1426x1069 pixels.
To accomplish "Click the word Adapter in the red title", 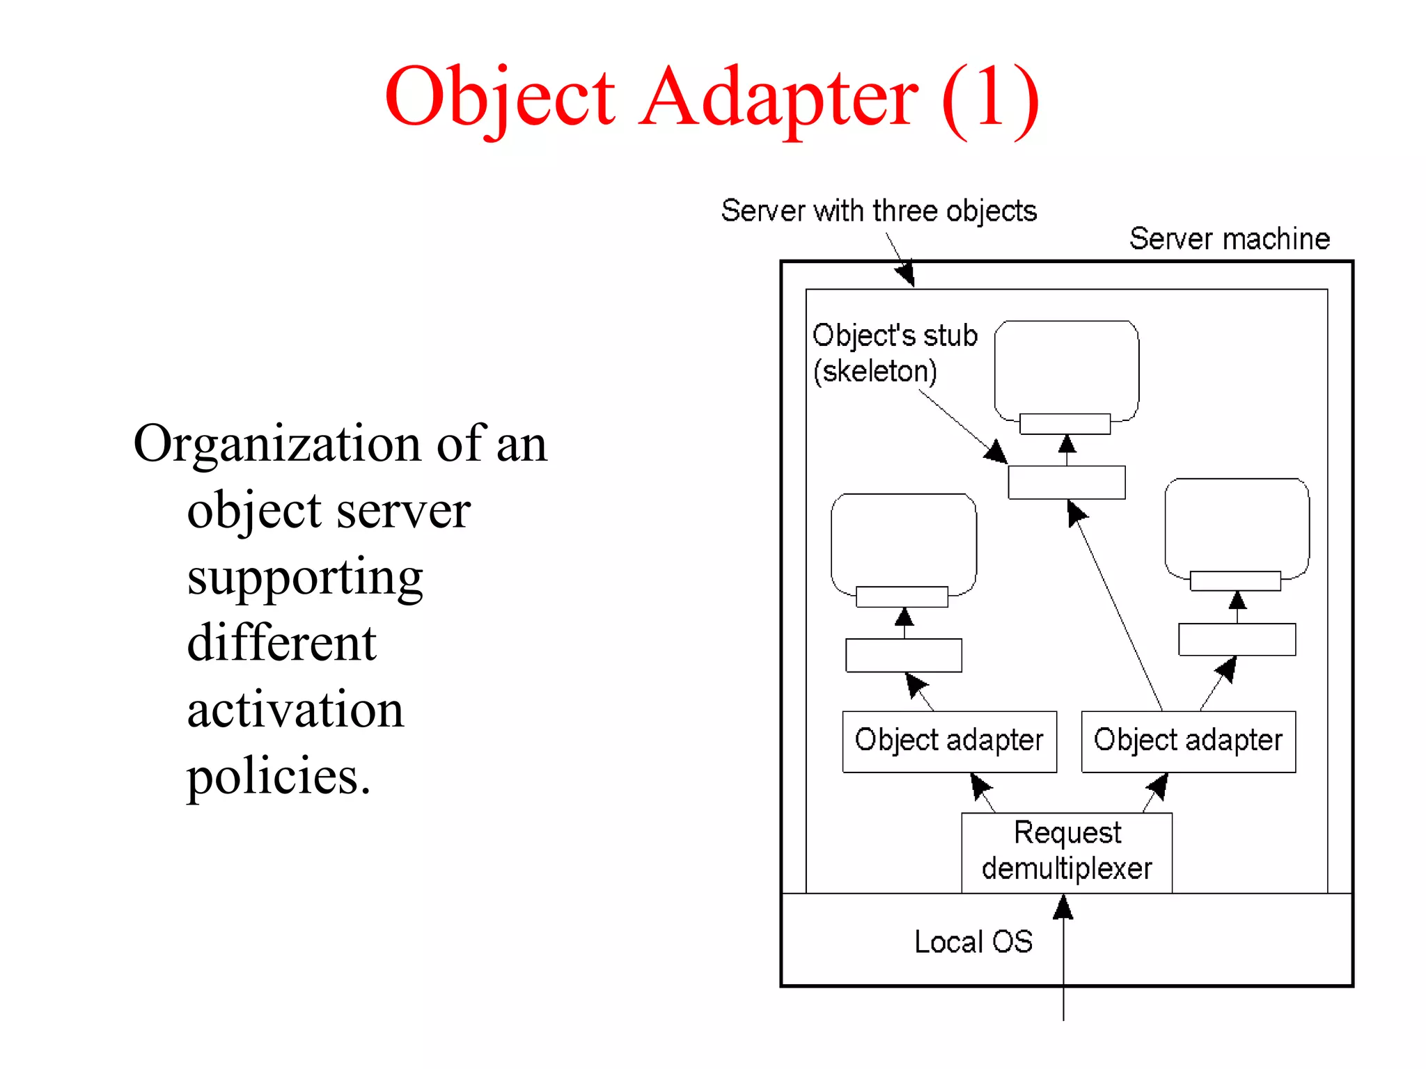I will tap(778, 97).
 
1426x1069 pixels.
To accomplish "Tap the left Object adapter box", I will tap(949, 741).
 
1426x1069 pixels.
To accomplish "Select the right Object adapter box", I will tap(1188, 741).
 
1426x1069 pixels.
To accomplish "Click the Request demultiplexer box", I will tap(1067, 852).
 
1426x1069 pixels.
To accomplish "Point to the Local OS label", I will tap(973, 942).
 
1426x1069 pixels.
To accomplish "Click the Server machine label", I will tap(1229, 239).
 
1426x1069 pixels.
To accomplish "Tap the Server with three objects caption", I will tap(879, 211).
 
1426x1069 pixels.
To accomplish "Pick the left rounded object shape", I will tap(904, 540).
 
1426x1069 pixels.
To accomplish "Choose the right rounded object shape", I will tap(1237, 525).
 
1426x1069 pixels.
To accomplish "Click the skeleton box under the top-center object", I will tap(1067, 482).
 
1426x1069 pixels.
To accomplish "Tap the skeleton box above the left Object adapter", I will tap(904, 655).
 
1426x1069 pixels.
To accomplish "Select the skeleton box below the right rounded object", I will tap(1237, 639).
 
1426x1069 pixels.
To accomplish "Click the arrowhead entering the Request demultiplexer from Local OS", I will tap(1063, 906).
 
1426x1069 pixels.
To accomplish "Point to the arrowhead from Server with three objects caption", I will tap(905, 274).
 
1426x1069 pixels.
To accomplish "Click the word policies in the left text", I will tap(279, 777).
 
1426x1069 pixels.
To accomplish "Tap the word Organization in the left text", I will tap(277, 443).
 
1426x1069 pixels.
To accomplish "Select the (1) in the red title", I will tap(990, 97).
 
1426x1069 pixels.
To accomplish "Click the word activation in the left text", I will tap(295, 710).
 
